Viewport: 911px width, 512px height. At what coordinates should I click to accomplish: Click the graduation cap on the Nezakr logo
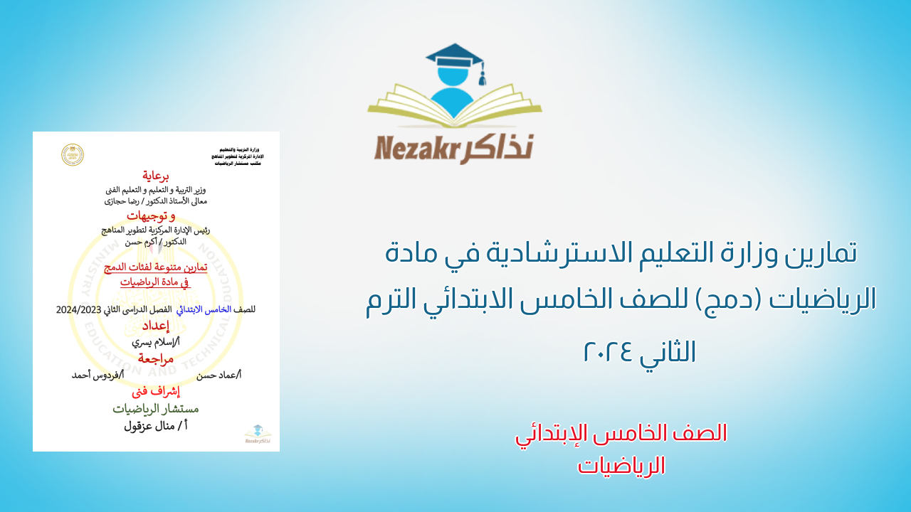[x=453, y=58]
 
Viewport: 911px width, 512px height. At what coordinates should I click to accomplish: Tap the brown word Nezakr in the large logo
[x=416, y=149]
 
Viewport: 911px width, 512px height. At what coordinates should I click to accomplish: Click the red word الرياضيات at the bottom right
[x=621, y=466]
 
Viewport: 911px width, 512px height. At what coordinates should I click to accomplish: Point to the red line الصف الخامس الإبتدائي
[x=621, y=433]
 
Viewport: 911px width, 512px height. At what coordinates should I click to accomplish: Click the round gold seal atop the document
[x=73, y=155]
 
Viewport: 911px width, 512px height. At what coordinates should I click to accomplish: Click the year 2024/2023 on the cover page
[x=80, y=309]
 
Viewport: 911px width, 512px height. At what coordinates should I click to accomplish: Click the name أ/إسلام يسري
[x=156, y=341]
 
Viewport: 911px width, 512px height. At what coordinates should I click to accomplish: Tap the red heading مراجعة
[x=156, y=358]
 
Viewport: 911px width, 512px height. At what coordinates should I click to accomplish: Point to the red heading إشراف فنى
[x=156, y=391]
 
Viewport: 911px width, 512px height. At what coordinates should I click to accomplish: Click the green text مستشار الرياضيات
[x=156, y=409]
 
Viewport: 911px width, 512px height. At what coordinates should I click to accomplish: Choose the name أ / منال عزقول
[x=156, y=426]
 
